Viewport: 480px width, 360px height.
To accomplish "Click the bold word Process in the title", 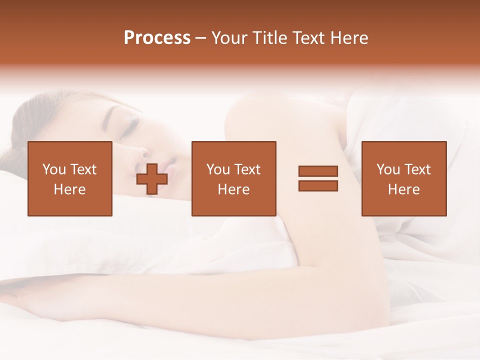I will pos(157,38).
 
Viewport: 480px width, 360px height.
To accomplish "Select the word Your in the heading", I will pos(228,38).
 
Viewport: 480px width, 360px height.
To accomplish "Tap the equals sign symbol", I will pos(318,178).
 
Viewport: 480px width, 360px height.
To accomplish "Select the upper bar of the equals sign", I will pos(318,171).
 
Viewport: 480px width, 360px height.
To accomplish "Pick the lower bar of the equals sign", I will pos(318,185).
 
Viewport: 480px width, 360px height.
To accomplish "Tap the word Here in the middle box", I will pos(233,189).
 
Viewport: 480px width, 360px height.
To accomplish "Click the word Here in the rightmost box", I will pos(403,189).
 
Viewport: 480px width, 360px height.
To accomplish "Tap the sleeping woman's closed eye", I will pos(131,123).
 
